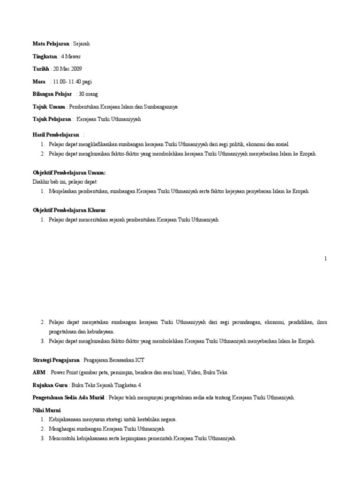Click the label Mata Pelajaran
tap(51, 44)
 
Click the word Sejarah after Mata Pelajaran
tap(81, 44)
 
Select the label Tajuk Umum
tap(49, 107)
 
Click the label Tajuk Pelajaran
tap(52, 120)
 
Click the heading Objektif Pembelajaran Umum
tap(69, 173)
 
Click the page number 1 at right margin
tap(325, 258)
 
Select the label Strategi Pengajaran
tap(56, 360)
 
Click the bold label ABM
tap(39, 372)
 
